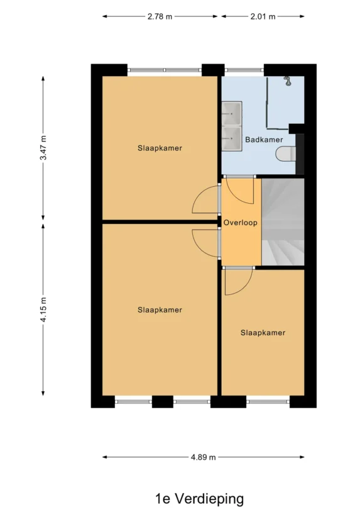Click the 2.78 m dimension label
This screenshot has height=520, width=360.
click(x=160, y=16)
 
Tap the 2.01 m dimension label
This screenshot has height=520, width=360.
click(x=263, y=16)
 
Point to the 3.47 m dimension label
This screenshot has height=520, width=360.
click(x=43, y=148)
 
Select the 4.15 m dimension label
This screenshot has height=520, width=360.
click(x=43, y=309)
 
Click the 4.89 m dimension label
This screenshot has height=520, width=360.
click(x=203, y=457)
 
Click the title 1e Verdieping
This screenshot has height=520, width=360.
click(x=200, y=499)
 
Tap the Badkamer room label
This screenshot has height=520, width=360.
click(x=264, y=140)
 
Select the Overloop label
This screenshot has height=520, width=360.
click(x=241, y=223)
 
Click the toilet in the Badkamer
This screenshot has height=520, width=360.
click(x=286, y=153)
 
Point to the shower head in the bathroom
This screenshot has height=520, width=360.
click(x=287, y=81)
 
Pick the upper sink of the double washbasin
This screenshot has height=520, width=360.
click(x=232, y=113)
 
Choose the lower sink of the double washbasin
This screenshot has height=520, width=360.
click(x=232, y=138)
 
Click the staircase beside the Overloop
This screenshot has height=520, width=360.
click(x=283, y=222)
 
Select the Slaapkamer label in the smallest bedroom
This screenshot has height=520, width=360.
click(x=263, y=333)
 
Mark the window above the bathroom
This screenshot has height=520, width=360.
click(x=244, y=70)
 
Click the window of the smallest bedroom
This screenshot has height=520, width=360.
click(x=268, y=402)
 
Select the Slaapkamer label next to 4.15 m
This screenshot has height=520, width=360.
click(x=160, y=310)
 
